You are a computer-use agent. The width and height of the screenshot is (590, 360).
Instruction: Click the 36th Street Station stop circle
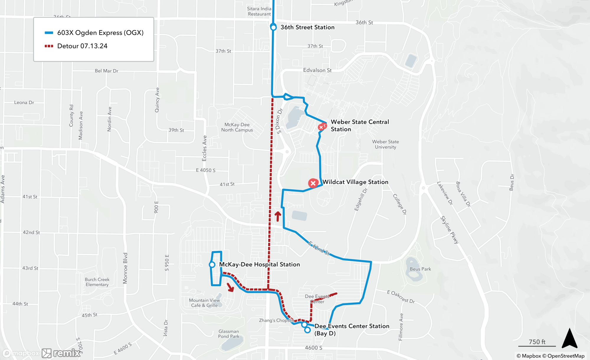click(273, 27)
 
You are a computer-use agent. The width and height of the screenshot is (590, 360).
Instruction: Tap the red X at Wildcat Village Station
click(313, 183)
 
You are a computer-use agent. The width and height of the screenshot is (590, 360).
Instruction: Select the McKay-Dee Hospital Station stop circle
click(212, 265)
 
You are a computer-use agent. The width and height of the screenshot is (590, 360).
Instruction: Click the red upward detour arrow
click(278, 216)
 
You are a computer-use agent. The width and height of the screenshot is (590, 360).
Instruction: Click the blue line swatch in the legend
click(49, 33)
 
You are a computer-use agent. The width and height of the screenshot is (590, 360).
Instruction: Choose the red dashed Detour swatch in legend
click(49, 46)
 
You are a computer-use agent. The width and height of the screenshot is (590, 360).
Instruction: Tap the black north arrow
click(569, 338)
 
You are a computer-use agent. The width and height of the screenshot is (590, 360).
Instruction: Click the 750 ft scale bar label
click(537, 342)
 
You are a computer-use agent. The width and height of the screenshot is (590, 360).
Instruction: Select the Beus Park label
click(420, 269)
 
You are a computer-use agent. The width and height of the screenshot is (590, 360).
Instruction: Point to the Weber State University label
click(385, 144)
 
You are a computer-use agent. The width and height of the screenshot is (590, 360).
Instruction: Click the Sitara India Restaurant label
click(259, 11)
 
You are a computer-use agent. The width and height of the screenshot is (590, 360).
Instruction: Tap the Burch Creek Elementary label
click(97, 282)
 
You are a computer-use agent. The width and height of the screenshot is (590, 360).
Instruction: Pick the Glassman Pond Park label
click(229, 334)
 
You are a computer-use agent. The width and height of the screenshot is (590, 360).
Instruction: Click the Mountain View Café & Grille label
click(204, 303)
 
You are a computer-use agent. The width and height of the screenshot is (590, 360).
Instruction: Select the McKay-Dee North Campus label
click(237, 127)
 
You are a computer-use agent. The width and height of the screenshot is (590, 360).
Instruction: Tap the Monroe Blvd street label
click(125, 268)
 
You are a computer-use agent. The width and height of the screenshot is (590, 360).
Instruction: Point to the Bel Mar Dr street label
click(106, 71)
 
